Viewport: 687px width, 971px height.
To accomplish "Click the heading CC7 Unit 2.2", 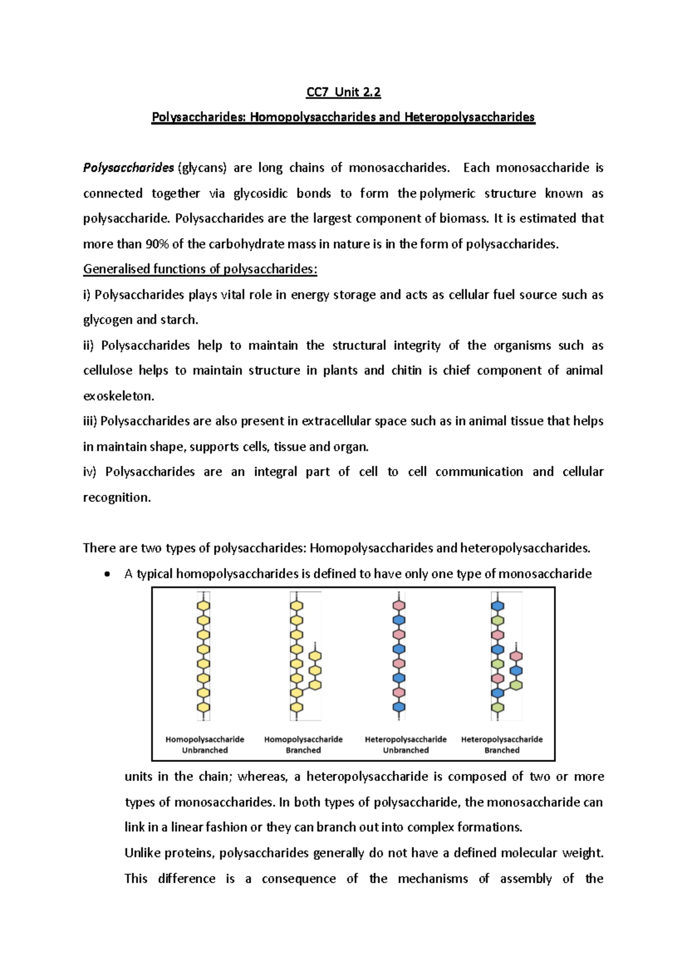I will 343,92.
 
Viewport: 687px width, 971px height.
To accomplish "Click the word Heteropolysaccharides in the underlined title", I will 469,117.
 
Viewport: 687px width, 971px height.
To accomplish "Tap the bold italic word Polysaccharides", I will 128,168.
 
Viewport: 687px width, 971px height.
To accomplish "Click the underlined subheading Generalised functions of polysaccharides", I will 200,269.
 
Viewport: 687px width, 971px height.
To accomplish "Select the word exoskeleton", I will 119,396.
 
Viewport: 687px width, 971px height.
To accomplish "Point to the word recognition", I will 117,498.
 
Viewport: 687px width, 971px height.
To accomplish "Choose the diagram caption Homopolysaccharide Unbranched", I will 204,745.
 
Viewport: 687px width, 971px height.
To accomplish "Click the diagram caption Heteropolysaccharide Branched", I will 502,745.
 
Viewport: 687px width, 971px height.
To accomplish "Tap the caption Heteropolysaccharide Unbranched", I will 405,745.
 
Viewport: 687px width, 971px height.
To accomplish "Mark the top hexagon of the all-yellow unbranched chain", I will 204,606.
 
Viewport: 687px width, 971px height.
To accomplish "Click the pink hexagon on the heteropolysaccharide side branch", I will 516,656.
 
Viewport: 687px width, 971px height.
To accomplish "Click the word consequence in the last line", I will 298,879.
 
